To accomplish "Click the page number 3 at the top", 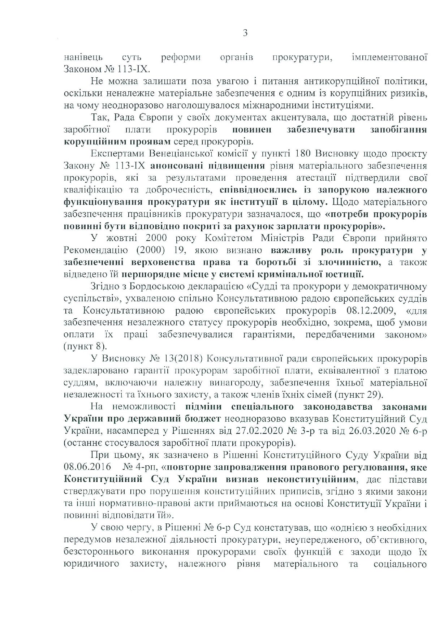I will (245, 33).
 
